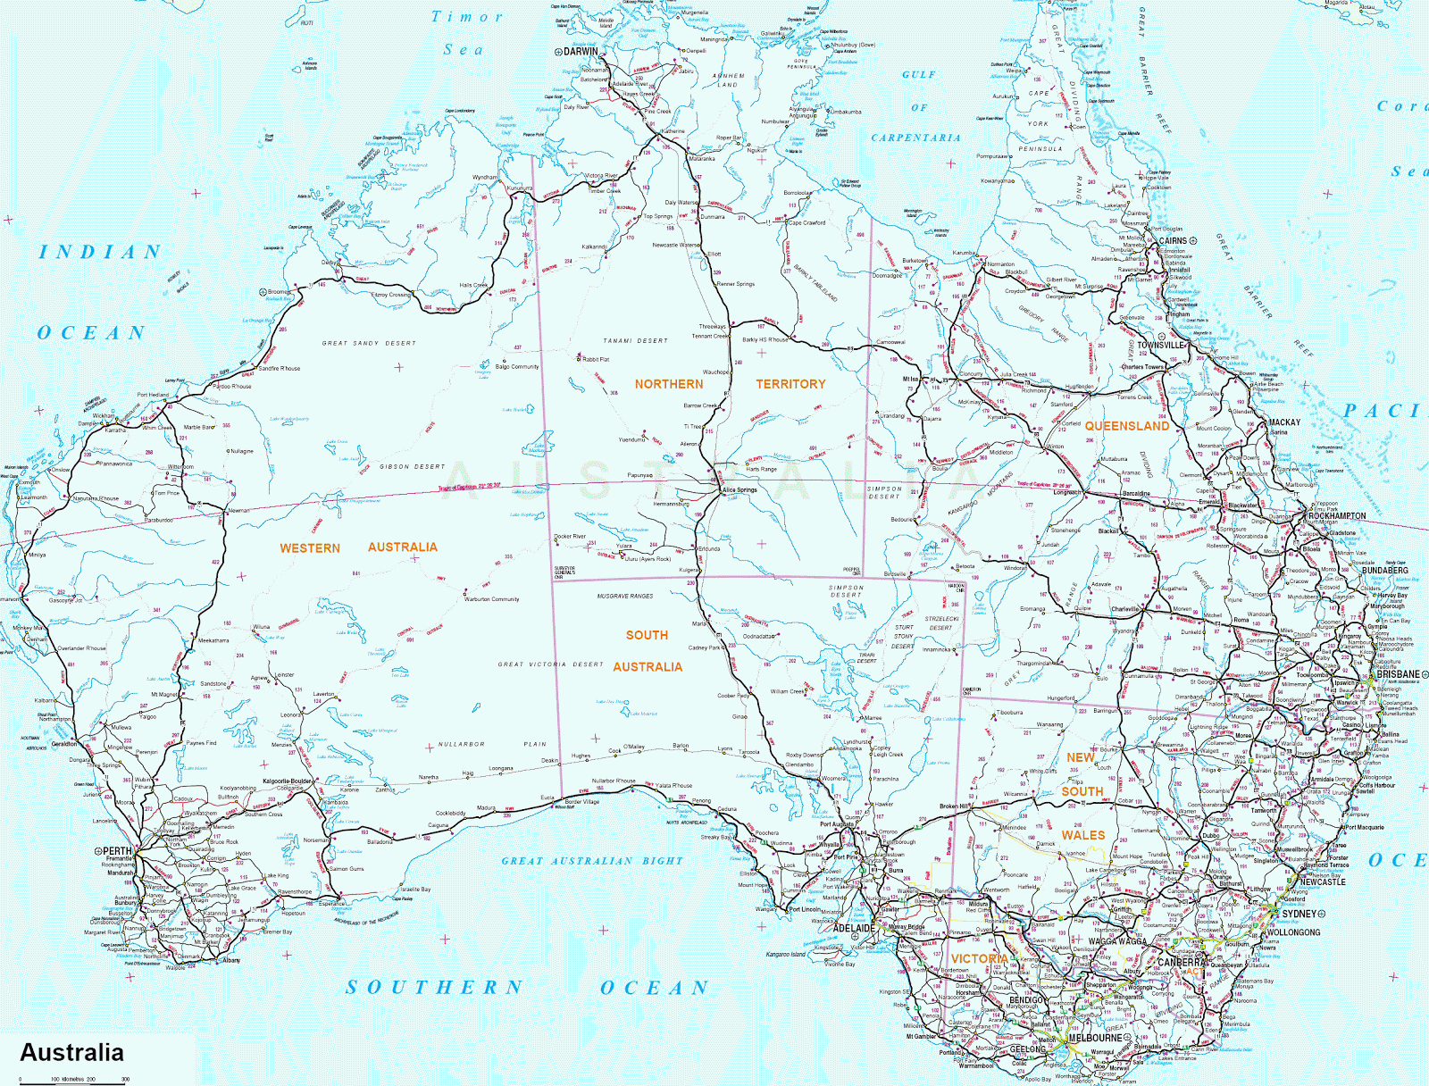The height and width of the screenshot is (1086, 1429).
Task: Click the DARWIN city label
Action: pos(580,52)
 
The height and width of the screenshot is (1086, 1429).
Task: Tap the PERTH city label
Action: pos(117,851)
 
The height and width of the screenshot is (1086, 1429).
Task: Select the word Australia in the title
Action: pos(71,1052)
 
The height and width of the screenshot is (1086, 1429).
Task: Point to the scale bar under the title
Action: pos(71,1079)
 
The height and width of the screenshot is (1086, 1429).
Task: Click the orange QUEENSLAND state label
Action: pos(1126,426)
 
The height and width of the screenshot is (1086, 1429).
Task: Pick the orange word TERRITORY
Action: pos(790,384)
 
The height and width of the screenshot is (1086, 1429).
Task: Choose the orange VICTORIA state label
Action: pos(979,958)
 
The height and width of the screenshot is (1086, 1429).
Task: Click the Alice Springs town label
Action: pos(740,489)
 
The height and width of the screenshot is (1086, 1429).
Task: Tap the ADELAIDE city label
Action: pos(853,928)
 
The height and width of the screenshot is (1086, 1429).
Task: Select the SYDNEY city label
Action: pos(1299,914)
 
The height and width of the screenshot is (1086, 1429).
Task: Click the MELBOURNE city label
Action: pos(1095,1038)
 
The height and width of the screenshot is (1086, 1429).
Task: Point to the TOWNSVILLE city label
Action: pos(1160,345)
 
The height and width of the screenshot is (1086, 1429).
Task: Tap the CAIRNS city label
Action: pos(1173,240)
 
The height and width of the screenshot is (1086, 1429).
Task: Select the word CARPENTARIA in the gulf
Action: pos(915,138)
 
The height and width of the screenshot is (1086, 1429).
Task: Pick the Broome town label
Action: pos(279,292)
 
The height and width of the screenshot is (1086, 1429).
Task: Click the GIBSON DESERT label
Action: pos(412,466)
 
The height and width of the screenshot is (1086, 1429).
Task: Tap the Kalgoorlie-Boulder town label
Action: pos(287,781)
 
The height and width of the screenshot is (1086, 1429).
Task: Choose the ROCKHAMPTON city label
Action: pos(1336,516)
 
